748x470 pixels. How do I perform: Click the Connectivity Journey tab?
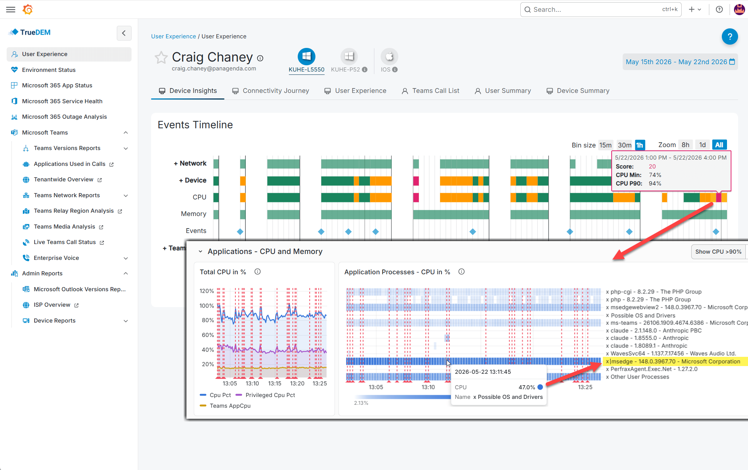(x=270, y=91)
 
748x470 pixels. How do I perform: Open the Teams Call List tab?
(x=430, y=91)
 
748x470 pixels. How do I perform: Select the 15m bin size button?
(x=605, y=145)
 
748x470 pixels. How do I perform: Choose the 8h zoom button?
(x=685, y=145)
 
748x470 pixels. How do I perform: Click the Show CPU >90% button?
(x=718, y=251)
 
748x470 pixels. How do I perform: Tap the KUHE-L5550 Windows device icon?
(x=306, y=56)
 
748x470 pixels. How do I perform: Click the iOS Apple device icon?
(x=389, y=56)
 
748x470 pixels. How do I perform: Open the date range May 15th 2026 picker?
(x=680, y=62)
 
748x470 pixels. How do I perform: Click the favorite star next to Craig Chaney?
(x=161, y=58)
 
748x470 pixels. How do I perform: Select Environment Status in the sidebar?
(x=49, y=70)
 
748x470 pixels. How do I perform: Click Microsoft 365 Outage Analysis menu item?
(x=64, y=116)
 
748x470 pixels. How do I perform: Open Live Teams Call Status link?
(x=65, y=242)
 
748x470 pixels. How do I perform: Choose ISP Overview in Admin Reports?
(x=52, y=305)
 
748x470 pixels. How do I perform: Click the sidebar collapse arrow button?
(x=124, y=33)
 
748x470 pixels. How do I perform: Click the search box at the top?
(x=601, y=10)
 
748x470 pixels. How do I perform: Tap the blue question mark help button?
(x=730, y=36)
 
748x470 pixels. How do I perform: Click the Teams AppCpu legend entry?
(x=225, y=405)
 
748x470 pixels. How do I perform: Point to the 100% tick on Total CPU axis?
(x=207, y=306)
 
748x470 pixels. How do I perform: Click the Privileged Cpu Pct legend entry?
(x=265, y=395)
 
